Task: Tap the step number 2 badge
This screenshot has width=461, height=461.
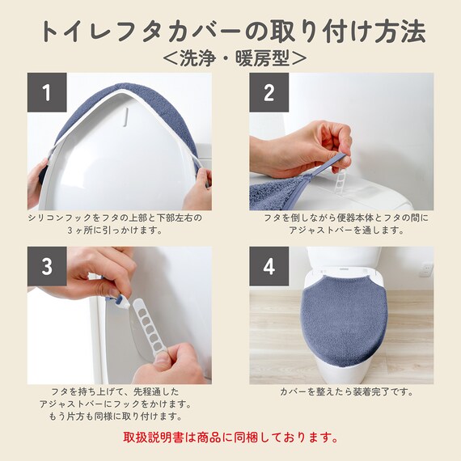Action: [269, 92]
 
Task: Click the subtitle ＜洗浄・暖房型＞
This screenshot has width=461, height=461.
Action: [230, 57]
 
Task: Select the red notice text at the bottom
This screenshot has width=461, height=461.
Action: [230, 438]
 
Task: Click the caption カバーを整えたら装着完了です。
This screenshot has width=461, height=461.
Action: [346, 391]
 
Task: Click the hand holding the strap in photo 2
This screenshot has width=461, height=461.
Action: [295, 146]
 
